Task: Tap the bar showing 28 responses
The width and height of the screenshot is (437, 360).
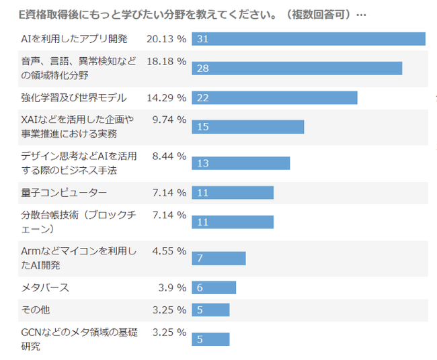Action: point(296,68)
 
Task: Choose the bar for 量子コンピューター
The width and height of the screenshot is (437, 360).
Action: point(233,193)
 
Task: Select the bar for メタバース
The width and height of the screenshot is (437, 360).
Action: point(214,287)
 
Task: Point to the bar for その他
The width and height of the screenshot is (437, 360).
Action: point(210,310)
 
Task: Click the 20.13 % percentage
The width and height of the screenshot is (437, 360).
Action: point(166,39)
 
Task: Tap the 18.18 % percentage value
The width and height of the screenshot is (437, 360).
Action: point(166,61)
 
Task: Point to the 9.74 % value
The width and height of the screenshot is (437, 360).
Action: point(169,120)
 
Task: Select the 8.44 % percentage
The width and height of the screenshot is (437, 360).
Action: point(169,156)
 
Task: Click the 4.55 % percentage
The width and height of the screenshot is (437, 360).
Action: point(169,251)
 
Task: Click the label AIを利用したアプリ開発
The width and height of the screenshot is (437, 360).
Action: point(74,39)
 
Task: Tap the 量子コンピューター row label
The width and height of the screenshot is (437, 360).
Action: point(64,193)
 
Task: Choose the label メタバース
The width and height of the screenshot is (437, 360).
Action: point(45,287)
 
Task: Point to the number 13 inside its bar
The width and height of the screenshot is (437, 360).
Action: point(202,164)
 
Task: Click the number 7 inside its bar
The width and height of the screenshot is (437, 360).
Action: point(200,259)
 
